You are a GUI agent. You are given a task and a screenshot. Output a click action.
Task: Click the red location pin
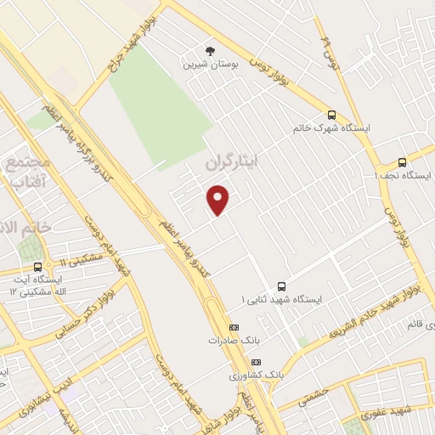point(219,200)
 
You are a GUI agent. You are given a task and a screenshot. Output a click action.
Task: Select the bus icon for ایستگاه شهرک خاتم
point(331,115)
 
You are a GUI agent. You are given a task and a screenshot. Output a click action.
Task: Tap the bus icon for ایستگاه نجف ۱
point(402,161)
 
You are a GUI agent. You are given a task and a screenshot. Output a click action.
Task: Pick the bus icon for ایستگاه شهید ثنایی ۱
point(281,286)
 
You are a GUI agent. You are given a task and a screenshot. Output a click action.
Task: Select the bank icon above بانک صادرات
point(234,327)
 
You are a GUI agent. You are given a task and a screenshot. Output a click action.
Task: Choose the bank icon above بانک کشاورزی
point(256,362)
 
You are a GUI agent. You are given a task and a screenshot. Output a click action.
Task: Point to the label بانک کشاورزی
point(253,375)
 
